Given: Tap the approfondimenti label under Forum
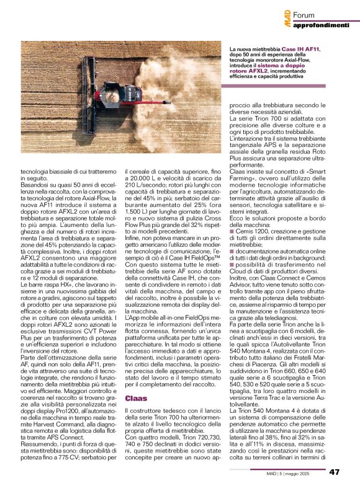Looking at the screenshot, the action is (x=321, y=25).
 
